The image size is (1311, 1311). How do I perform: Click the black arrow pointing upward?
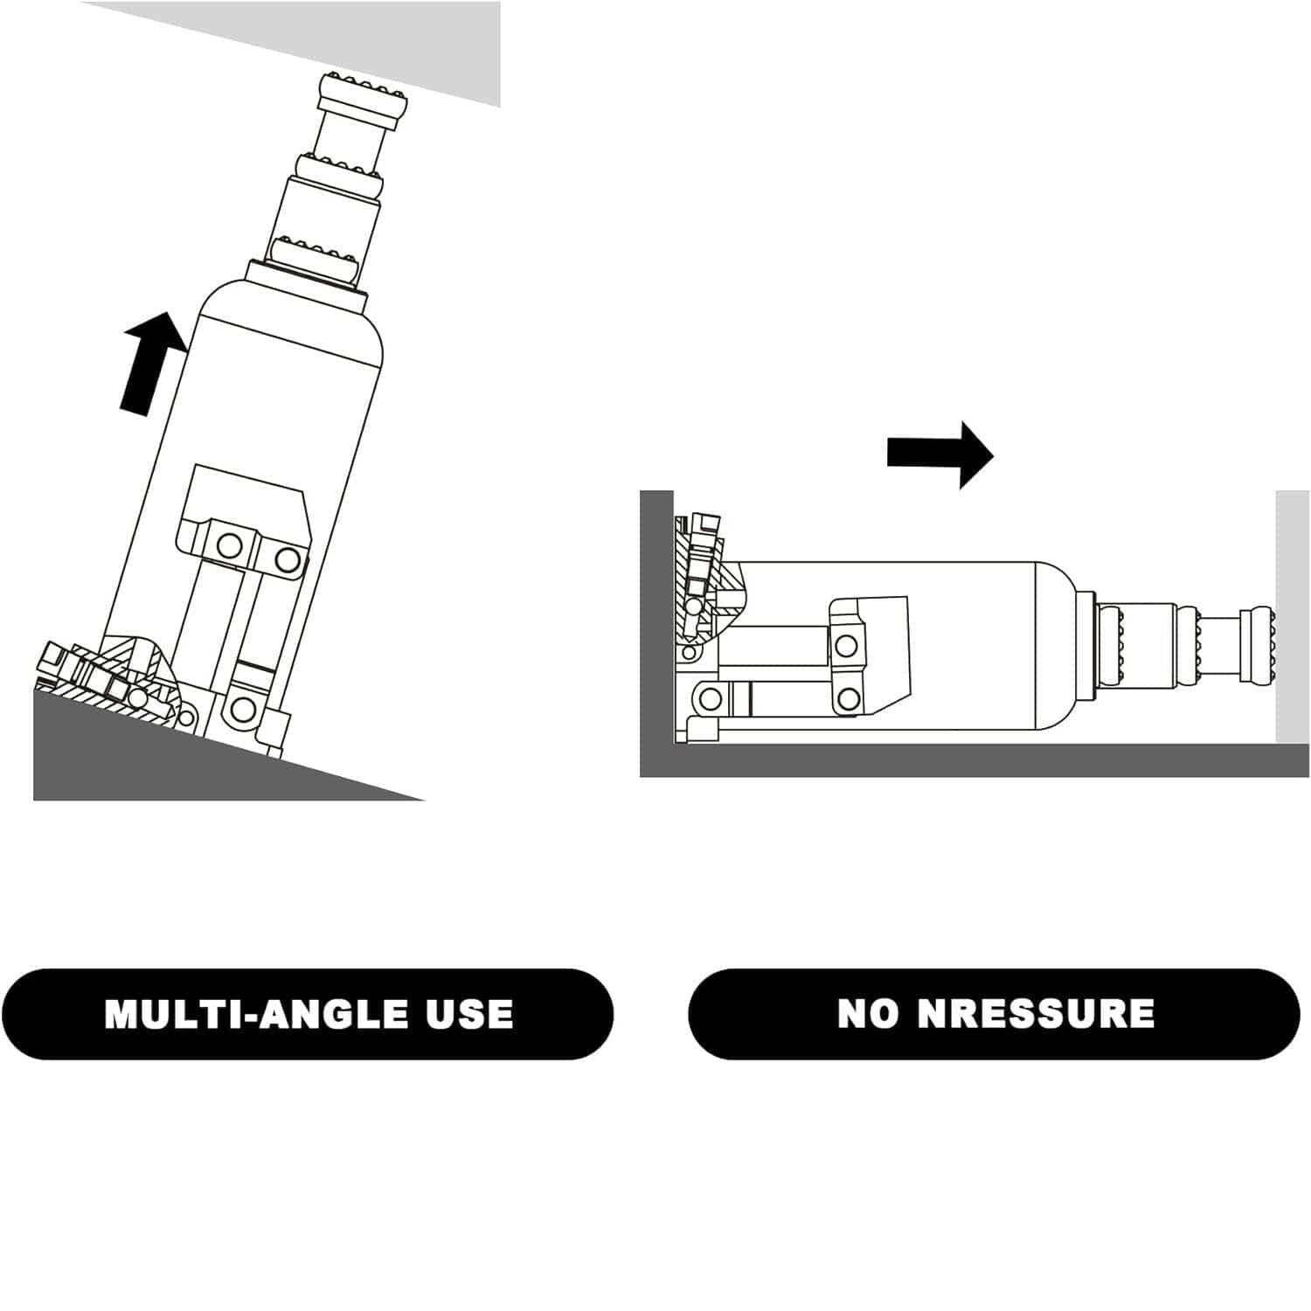point(153,363)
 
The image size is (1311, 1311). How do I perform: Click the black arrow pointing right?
point(940,454)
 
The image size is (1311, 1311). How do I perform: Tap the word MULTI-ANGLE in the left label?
point(256,1014)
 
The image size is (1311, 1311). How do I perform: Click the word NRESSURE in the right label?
point(1036,1014)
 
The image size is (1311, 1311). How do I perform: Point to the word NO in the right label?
point(868,1014)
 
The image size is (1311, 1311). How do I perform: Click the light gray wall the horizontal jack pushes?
point(1293,617)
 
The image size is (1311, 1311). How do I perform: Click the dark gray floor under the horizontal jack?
point(975,760)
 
